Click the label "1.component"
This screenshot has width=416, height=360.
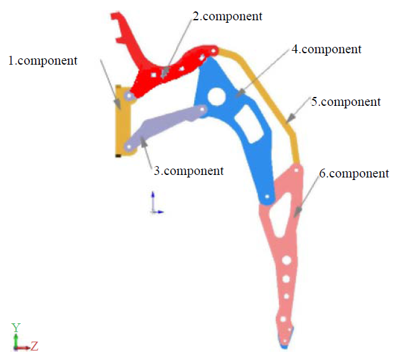42,61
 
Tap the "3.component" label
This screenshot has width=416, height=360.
188,170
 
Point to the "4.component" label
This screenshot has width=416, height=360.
327,49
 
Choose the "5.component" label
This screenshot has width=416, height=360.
346,101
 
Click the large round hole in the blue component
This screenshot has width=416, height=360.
216,96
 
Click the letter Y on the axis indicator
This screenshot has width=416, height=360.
16,327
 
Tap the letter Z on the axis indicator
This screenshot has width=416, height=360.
35,346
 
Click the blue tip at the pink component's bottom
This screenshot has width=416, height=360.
284,344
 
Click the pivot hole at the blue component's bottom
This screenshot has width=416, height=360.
267,198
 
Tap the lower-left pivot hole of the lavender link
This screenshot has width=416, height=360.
129,146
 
